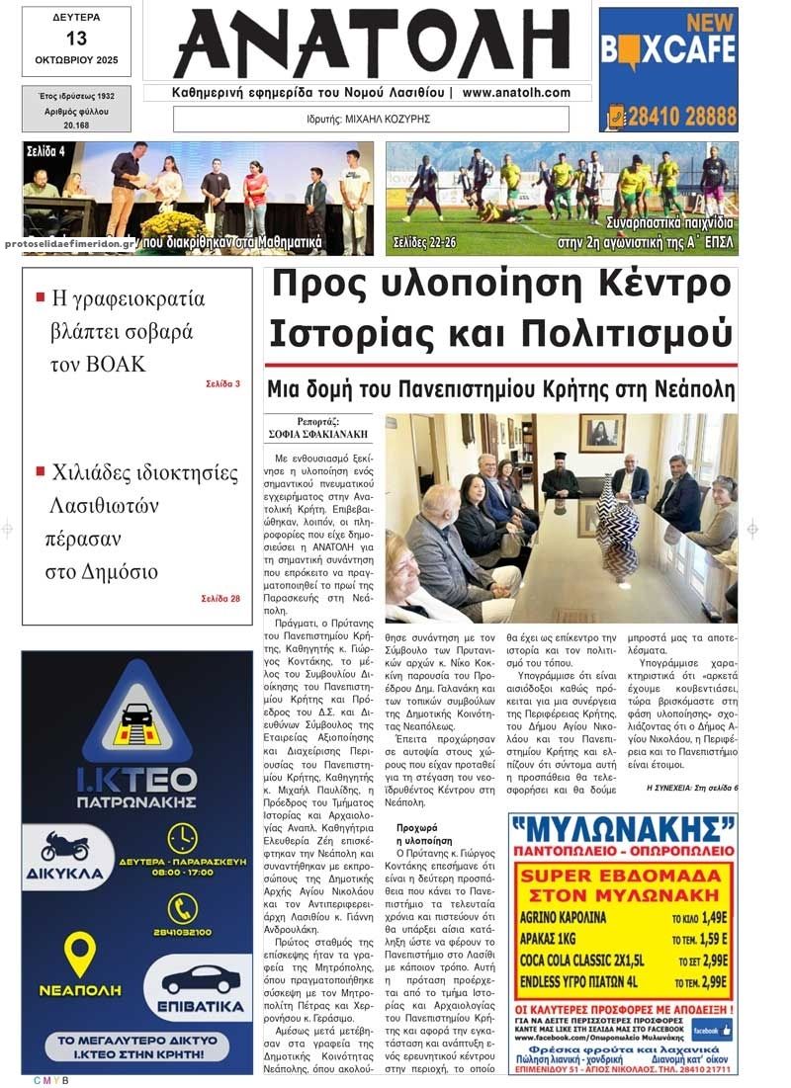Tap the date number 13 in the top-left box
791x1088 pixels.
pos(76,39)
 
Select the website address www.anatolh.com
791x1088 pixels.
pos(516,93)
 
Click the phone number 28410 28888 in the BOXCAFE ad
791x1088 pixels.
pos(679,115)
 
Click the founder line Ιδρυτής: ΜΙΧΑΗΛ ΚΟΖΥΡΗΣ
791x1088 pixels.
pos(371,120)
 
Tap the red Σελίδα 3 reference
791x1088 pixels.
pos(222,383)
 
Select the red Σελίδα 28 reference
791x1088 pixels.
pos(220,598)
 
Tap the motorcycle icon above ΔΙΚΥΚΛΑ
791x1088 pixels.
pos(64,846)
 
